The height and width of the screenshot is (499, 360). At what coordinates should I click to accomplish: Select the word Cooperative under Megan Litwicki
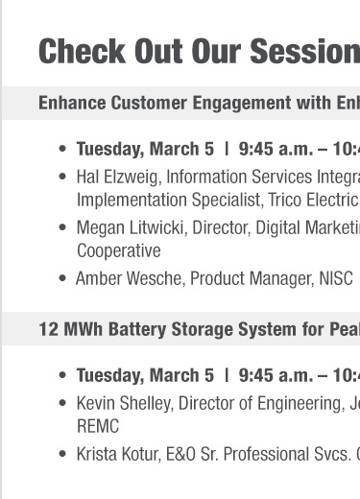[x=118, y=250]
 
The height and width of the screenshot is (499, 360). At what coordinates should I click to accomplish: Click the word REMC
[x=97, y=425]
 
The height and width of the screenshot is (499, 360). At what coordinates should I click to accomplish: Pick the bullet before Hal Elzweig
[x=62, y=178]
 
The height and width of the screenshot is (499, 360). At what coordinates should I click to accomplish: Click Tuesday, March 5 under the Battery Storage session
[x=145, y=375]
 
